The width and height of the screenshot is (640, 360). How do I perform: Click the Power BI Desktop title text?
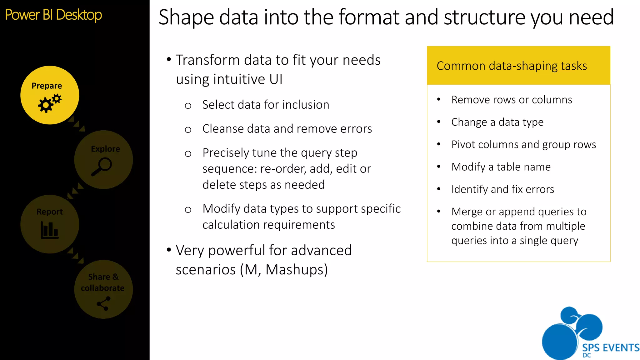point(53,15)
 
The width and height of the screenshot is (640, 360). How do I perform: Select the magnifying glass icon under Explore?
point(102,167)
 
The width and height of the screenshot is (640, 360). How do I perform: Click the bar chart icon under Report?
point(49,230)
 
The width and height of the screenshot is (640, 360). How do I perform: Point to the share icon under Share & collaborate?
point(103,303)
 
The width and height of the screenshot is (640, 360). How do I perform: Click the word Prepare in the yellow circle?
point(47,86)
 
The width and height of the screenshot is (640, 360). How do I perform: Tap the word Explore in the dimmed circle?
point(105,149)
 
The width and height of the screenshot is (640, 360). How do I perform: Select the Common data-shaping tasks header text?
point(512,66)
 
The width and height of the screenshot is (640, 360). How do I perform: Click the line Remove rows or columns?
point(512,100)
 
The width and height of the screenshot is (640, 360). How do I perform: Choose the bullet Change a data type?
point(497,122)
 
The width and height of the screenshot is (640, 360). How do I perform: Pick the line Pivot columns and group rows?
point(523,144)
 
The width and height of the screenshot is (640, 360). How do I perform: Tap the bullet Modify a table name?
point(501,167)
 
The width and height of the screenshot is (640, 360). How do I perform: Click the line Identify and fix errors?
point(502,189)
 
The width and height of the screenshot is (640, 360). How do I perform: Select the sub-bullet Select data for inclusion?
point(266,105)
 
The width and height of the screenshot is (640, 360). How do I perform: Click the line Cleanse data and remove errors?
point(287,129)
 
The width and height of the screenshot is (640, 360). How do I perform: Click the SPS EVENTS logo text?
point(610,347)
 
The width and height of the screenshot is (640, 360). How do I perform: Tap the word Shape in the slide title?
point(186,17)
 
